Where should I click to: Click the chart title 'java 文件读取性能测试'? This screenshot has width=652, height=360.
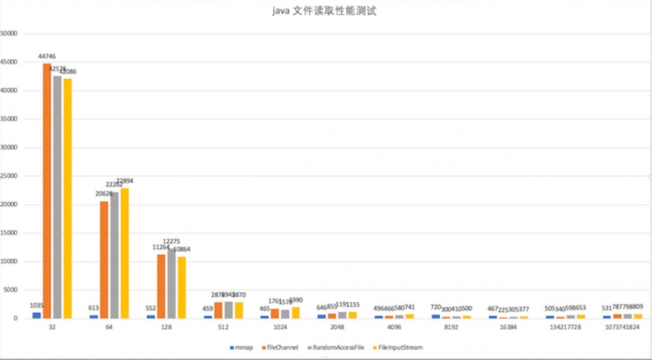324,12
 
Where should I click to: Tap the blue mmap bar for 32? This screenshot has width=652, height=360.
37,315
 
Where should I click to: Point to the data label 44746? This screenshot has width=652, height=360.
48,57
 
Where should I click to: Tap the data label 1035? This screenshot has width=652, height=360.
37,305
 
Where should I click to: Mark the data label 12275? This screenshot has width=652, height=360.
171,241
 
